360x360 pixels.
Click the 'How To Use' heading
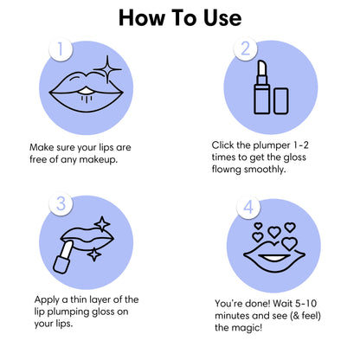tap(180, 18)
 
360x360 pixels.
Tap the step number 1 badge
tap(61, 48)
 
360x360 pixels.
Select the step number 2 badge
tap(246, 48)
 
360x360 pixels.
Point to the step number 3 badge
tap(61, 204)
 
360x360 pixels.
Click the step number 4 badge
tap(248, 207)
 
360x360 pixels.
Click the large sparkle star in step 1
tap(107, 69)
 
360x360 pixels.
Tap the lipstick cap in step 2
tap(280, 101)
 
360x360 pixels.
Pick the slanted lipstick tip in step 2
tap(261, 68)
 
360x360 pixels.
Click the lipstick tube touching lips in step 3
tap(63, 257)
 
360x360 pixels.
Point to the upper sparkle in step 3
tap(102, 224)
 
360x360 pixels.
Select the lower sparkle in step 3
tap(94, 254)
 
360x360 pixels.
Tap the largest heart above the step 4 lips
tap(289, 243)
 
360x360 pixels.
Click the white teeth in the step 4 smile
tap(273, 258)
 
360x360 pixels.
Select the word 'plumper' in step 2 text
tap(272, 145)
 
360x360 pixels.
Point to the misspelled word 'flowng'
tap(227, 169)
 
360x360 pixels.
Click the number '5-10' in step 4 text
tap(305, 304)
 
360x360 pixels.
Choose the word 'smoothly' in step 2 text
tap(265, 170)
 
